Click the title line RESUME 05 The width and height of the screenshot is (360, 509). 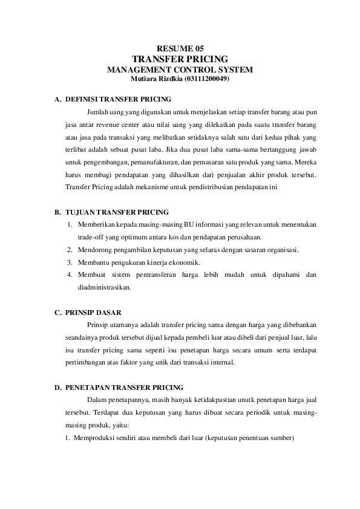point(180,48)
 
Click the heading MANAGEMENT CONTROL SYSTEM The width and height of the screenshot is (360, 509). point(180,70)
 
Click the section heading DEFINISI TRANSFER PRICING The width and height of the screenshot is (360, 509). point(118,99)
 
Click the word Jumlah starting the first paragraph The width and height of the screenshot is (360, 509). point(98,112)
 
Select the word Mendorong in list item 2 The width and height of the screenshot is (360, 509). point(94,250)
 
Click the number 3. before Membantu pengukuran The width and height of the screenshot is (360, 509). point(70,262)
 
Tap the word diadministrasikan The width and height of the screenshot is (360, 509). point(104,288)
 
